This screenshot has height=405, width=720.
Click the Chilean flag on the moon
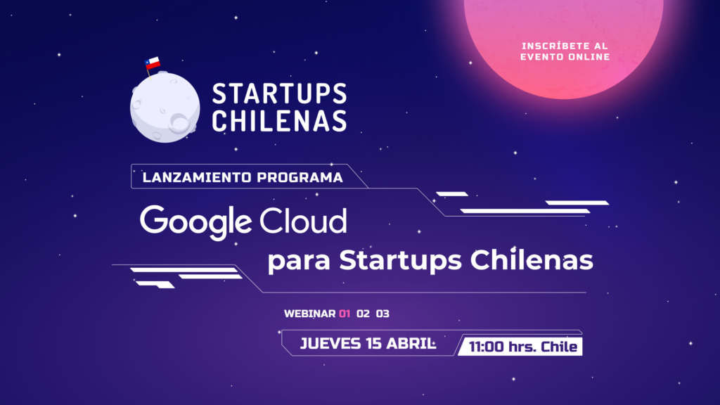pos(153,63)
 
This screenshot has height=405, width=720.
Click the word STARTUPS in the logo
pos(279,95)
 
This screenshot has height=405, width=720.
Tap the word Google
pos(195,221)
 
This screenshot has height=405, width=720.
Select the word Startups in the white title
pos(399,262)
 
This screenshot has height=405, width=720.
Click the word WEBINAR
pos(309,314)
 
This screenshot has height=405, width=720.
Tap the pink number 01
pos(345,314)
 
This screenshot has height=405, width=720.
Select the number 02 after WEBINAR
pos(364,314)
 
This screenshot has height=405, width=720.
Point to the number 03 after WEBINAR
pos(382,314)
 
